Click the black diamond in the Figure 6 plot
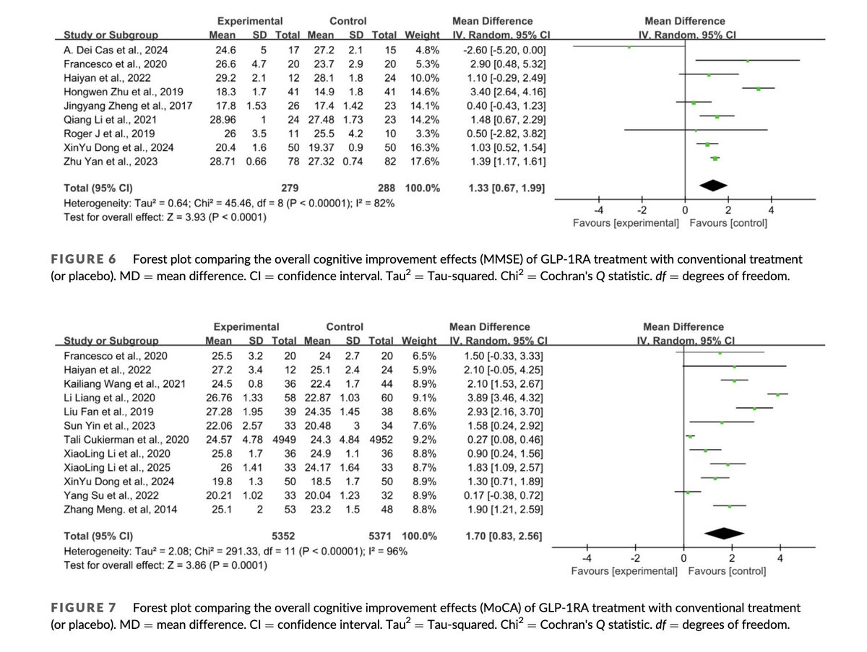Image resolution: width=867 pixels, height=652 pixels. pyautogui.click(x=713, y=186)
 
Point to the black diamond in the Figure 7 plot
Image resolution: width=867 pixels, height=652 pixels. pyautogui.click(x=723, y=534)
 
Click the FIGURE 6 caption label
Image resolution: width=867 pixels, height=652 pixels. pyautogui.click(x=84, y=258)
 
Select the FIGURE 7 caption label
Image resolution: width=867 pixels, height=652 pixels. pyautogui.click(x=84, y=608)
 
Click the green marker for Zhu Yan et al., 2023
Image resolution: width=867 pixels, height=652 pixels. pyautogui.click(x=715, y=157)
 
